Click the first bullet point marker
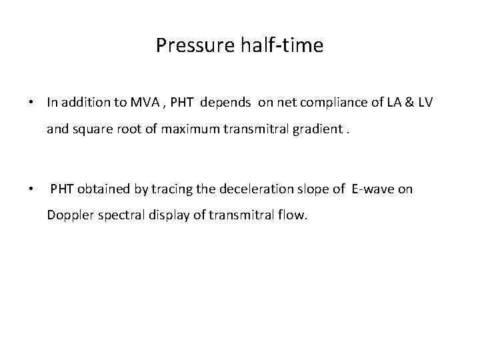coord(31,103)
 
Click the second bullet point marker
coord(31,190)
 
